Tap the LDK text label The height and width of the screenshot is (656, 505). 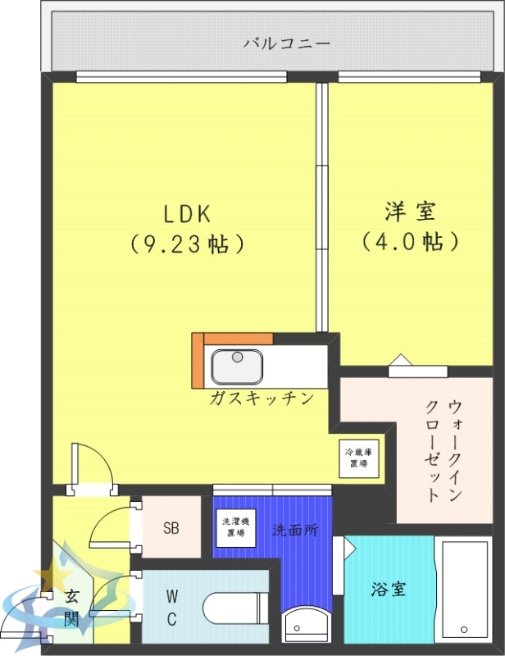pos(188,214)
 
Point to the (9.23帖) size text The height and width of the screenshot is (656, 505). pos(188,244)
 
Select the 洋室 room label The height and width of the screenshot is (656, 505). pos(410,211)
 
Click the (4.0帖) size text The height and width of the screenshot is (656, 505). pos(410,242)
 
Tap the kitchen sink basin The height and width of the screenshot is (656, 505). pos(237,366)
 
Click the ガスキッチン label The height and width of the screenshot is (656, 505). pos(262,399)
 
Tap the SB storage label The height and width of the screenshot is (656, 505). pos(171,528)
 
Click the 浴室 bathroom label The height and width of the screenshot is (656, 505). pos(388,589)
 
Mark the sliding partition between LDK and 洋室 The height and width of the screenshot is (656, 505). pos(322,205)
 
